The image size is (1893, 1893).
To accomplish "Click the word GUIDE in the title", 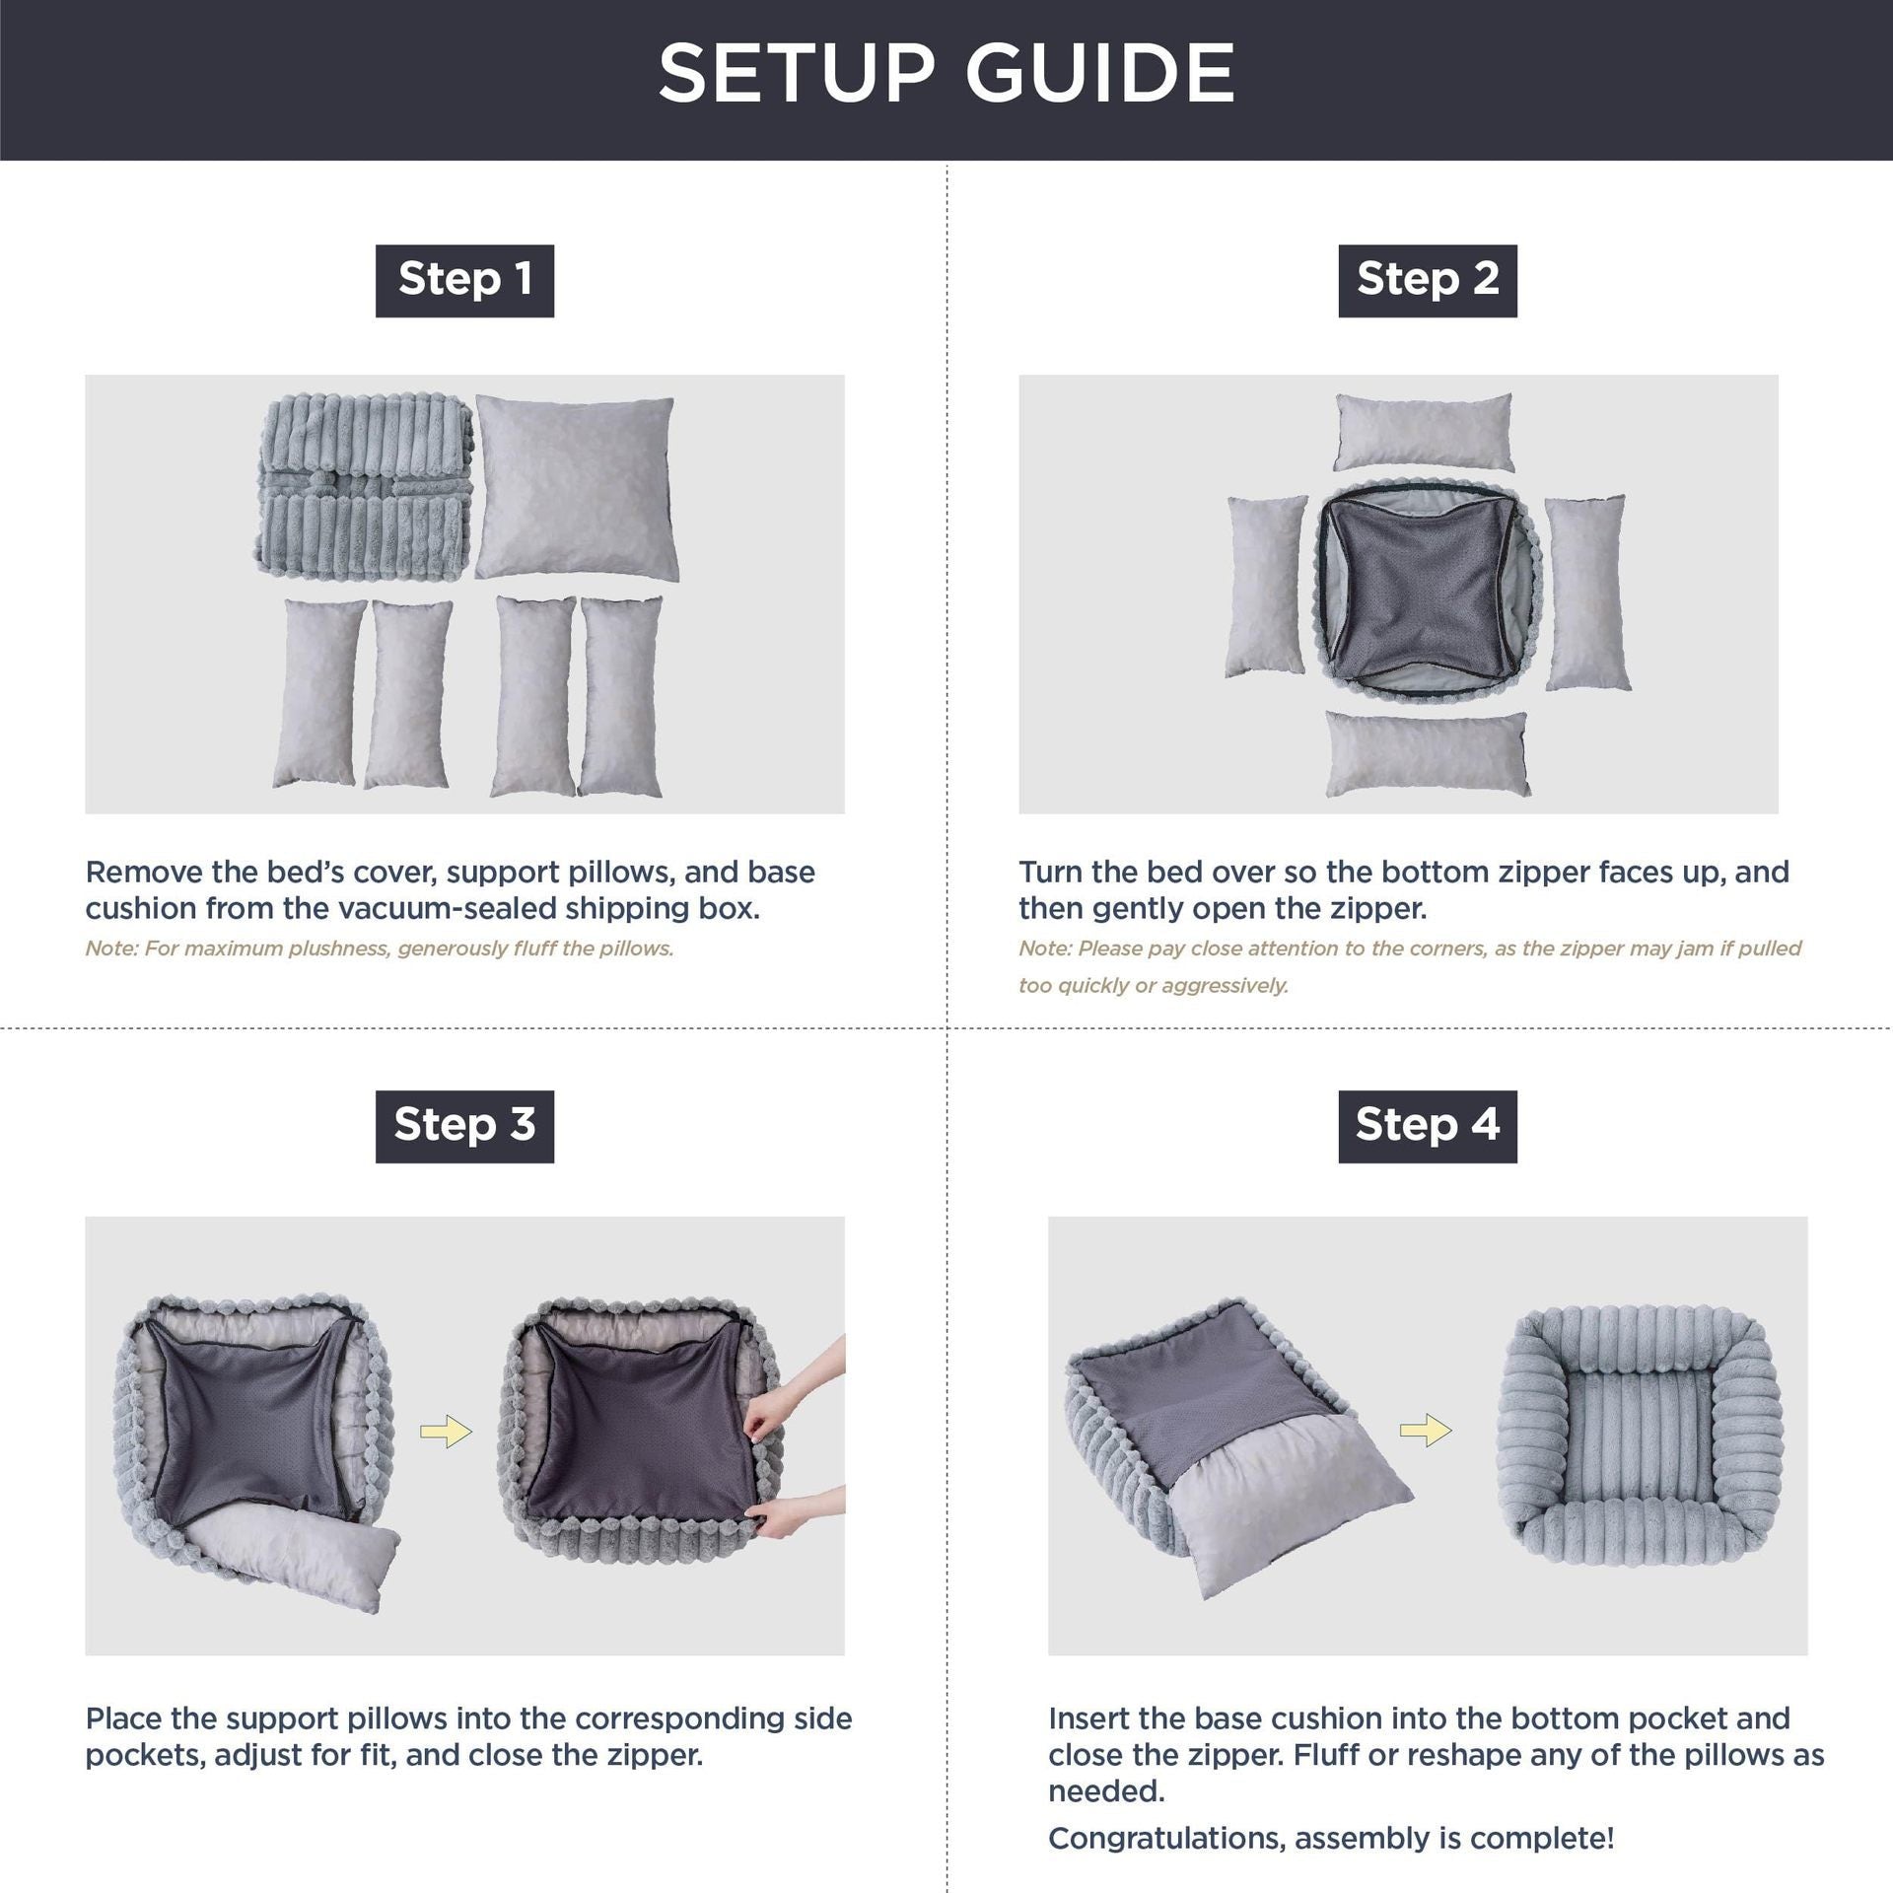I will (x=1099, y=74).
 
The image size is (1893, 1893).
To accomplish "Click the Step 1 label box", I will (x=464, y=280).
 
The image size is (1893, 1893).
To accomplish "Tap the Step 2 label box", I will (x=1427, y=280).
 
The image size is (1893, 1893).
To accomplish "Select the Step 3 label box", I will (x=464, y=1126).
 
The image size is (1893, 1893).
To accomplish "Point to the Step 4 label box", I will (x=1427, y=1126).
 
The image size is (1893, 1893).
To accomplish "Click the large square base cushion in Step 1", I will (x=576, y=488).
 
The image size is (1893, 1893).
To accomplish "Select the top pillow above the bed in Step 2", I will (x=1424, y=432).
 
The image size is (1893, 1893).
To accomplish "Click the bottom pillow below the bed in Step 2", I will (x=1427, y=754).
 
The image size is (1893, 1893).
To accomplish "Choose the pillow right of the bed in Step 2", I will (x=1584, y=592).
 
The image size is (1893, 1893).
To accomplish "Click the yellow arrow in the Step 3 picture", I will (x=446, y=1432).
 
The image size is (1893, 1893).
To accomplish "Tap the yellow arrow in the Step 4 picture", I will (x=1425, y=1431).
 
